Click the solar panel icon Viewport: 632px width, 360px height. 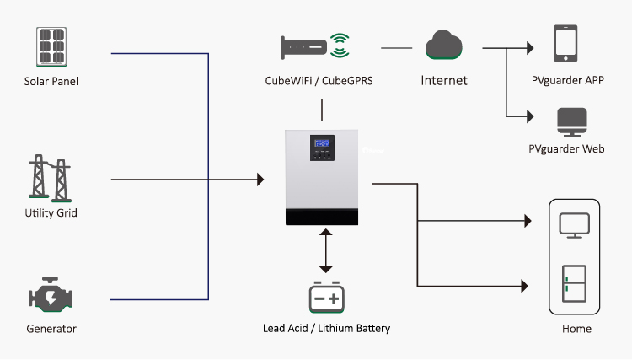pyautogui.click(x=51, y=47)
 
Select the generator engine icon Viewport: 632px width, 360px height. pyautogui.click(x=50, y=296)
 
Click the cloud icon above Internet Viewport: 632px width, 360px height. pyautogui.click(x=444, y=45)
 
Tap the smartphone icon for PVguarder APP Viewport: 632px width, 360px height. pyautogui.click(x=565, y=43)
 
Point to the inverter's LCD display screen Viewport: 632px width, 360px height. pyautogui.click(x=323, y=143)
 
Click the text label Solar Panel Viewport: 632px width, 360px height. pyautogui.click(x=51, y=81)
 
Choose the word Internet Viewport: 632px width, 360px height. pyautogui.click(x=444, y=81)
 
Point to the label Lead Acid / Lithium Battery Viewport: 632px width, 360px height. pyautogui.click(x=326, y=328)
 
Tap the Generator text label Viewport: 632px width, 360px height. pyautogui.click(x=51, y=328)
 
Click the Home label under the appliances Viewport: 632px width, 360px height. pyautogui.click(x=576, y=329)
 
